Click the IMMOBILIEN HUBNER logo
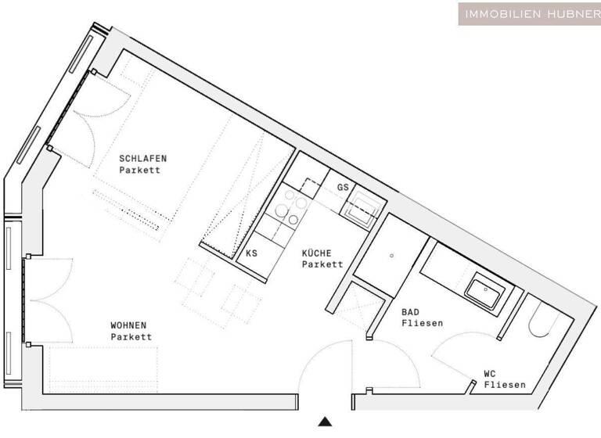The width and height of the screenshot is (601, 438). (530, 13)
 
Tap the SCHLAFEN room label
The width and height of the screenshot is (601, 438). (142, 158)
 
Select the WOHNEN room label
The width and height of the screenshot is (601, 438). (128, 325)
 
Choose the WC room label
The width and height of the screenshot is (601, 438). (491, 374)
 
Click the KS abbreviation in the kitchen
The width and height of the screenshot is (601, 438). (251, 253)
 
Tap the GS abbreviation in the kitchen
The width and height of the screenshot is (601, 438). (343, 188)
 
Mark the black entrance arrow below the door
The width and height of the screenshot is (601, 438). (326, 422)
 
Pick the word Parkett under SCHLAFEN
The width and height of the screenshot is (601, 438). (140, 170)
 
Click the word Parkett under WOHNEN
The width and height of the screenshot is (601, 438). (131, 337)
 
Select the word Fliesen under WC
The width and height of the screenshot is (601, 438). (504, 385)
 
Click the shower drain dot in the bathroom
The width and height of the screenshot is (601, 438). (391, 255)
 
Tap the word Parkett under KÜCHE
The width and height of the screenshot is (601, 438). (322, 264)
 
